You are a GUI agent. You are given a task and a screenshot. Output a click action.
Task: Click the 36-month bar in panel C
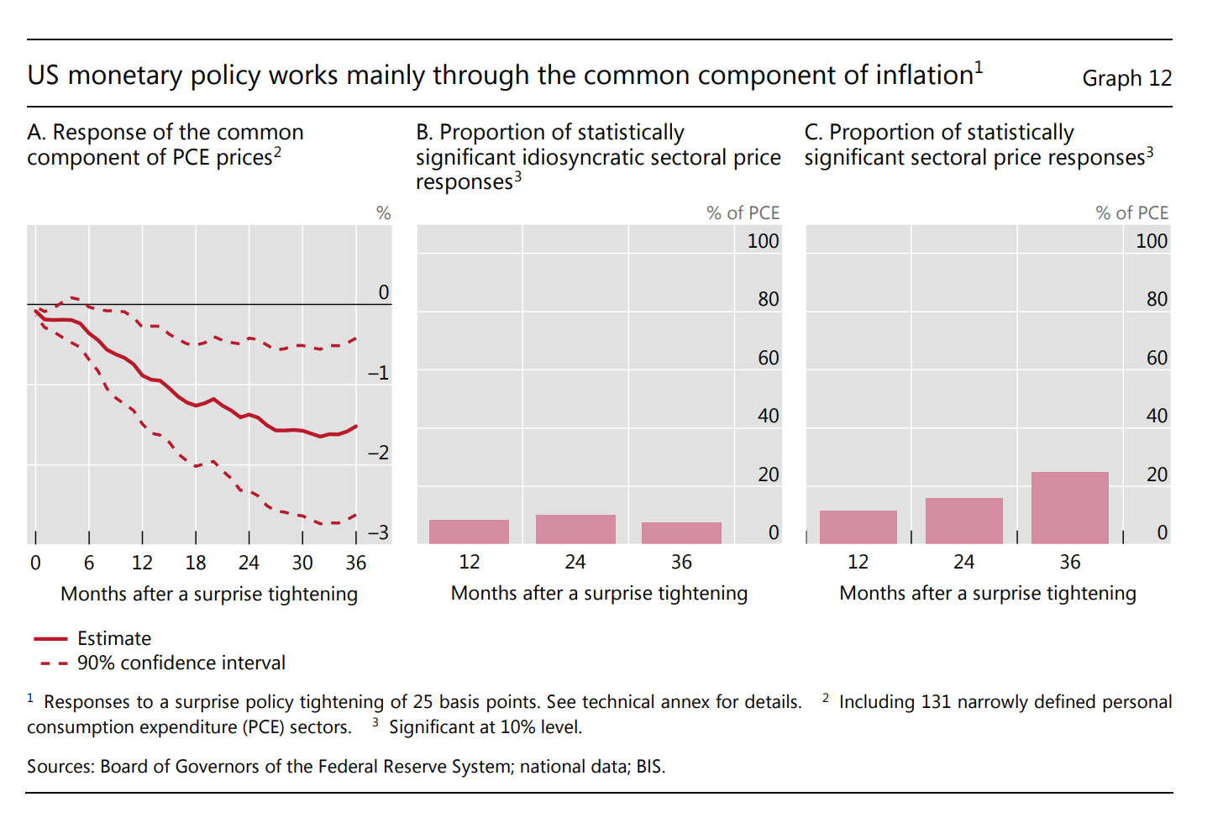1069,508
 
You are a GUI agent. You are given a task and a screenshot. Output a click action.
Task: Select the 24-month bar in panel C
963,521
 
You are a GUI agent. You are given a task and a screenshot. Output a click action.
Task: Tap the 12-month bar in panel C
858,527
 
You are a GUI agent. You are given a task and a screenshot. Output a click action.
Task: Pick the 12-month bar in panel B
469,532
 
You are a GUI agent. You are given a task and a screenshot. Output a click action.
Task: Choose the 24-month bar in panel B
575,529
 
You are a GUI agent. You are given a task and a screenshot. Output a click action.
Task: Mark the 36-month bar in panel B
681,532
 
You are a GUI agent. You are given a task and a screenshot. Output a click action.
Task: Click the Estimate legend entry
113,638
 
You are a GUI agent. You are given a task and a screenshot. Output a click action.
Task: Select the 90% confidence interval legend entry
181,663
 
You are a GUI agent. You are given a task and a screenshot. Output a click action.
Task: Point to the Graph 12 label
1126,78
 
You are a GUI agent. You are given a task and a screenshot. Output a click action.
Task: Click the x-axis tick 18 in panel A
196,563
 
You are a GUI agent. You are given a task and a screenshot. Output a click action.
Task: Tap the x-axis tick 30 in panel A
302,563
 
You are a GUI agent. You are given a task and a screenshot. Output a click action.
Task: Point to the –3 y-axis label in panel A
378,532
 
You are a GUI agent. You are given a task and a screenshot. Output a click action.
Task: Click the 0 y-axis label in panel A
383,292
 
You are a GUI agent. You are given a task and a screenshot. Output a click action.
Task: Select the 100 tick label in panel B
763,241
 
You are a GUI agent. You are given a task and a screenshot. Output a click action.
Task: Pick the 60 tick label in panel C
1157,358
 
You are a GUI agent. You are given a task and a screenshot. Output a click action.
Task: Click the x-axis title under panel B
599,593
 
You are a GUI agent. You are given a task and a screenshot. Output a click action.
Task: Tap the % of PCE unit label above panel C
1131,213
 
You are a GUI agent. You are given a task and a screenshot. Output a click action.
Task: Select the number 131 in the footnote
936,702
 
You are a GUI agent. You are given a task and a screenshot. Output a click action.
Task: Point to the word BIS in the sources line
648,767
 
